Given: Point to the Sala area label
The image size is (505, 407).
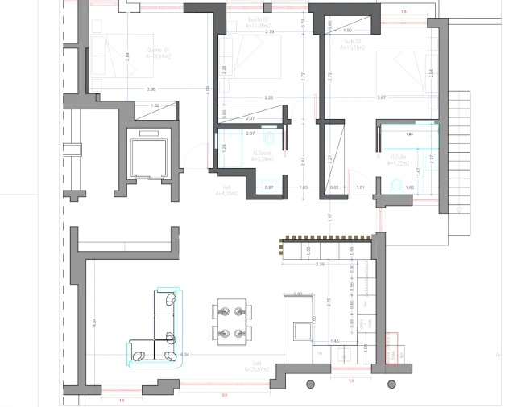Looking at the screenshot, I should pos(257,368).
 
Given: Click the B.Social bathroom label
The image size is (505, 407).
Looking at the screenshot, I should pos(263,156).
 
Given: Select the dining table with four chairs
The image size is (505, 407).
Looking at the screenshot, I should pos(231,320).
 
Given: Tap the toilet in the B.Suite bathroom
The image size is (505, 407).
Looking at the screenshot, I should pos(395,187).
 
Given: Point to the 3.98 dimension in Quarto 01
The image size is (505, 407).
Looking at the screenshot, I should pos(151,88).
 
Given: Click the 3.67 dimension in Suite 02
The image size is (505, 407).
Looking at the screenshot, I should pos(382,97).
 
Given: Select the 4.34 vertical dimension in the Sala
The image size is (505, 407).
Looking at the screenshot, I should pos(94,321).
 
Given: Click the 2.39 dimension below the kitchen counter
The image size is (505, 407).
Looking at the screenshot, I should pos(320,264).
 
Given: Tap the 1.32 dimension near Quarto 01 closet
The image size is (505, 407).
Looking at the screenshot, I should pos(155,105).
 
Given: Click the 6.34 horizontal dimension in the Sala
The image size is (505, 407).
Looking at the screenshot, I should pos(184,354).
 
